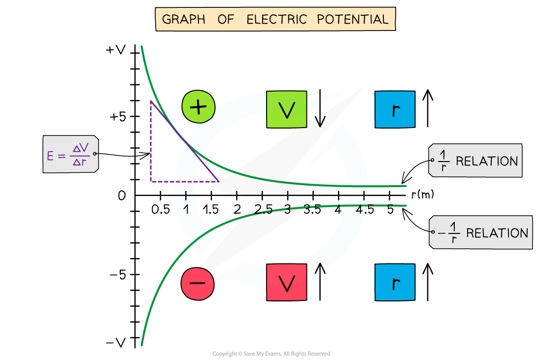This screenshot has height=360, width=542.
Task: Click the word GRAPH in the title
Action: point(181,20)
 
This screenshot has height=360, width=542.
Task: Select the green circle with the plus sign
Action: point(199,107)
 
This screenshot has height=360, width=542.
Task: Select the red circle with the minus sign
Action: point(198,284)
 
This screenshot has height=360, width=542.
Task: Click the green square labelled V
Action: point(286,109)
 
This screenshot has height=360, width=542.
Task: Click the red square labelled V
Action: point(286,282)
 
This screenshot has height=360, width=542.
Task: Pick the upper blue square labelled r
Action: point(395,109)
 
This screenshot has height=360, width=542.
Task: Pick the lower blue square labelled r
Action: point(395,282)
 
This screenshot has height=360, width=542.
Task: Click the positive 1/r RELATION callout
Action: point(476,161)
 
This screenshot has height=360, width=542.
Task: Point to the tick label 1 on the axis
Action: point(186,209)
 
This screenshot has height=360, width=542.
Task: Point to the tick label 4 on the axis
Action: point(359,209)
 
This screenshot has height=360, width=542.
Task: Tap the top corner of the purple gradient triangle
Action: point(151,101)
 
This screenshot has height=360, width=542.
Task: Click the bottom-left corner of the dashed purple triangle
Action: point(151,181)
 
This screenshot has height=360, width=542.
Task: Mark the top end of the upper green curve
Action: point(141,46)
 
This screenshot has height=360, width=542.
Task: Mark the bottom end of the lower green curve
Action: point(141,345)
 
